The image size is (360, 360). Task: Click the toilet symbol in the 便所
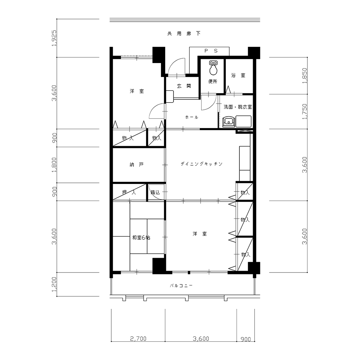(213, 68)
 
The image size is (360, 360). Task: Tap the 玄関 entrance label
(184, 86)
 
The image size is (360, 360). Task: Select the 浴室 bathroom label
(238, 75)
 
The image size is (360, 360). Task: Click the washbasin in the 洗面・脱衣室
(229, 121)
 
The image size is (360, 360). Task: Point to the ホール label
(192, 117)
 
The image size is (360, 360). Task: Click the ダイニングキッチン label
(201, 164)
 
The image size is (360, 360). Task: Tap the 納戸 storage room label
(136, 165)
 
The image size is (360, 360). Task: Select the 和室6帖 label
(141, 238)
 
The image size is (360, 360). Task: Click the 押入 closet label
(129, 192)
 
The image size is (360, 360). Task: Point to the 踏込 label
(155, 192)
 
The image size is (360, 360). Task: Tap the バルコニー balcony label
(181, 286)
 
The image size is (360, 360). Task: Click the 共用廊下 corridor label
(184, 34)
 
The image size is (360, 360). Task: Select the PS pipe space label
(211, 51)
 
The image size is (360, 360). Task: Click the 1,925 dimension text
(54, 38)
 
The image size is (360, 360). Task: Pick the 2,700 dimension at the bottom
(138, 339)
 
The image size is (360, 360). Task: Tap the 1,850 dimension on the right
(305, 76)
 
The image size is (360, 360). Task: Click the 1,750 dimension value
(305, 112)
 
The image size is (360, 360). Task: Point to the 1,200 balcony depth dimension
(54, 284)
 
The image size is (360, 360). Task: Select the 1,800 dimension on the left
(54, 165)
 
